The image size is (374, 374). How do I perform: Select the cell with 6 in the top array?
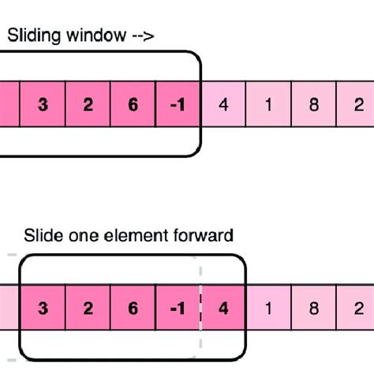coord(133,103)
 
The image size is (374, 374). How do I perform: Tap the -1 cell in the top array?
coord(179,103)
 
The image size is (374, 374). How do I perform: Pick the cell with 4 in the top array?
coord(224,103)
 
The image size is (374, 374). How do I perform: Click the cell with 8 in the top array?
coord(313,103)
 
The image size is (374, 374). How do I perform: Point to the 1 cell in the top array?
coord(269,103)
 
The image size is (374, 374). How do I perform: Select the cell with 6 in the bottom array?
coord(133,309)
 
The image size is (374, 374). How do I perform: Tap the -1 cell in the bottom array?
coord(179,309)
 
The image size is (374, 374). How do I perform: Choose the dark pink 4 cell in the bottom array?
coord(224,309)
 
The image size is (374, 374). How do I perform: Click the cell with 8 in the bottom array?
coord(313,309)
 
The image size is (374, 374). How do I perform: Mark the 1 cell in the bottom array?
coord(269,309)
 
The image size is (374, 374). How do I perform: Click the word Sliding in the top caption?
coord(31,35)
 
